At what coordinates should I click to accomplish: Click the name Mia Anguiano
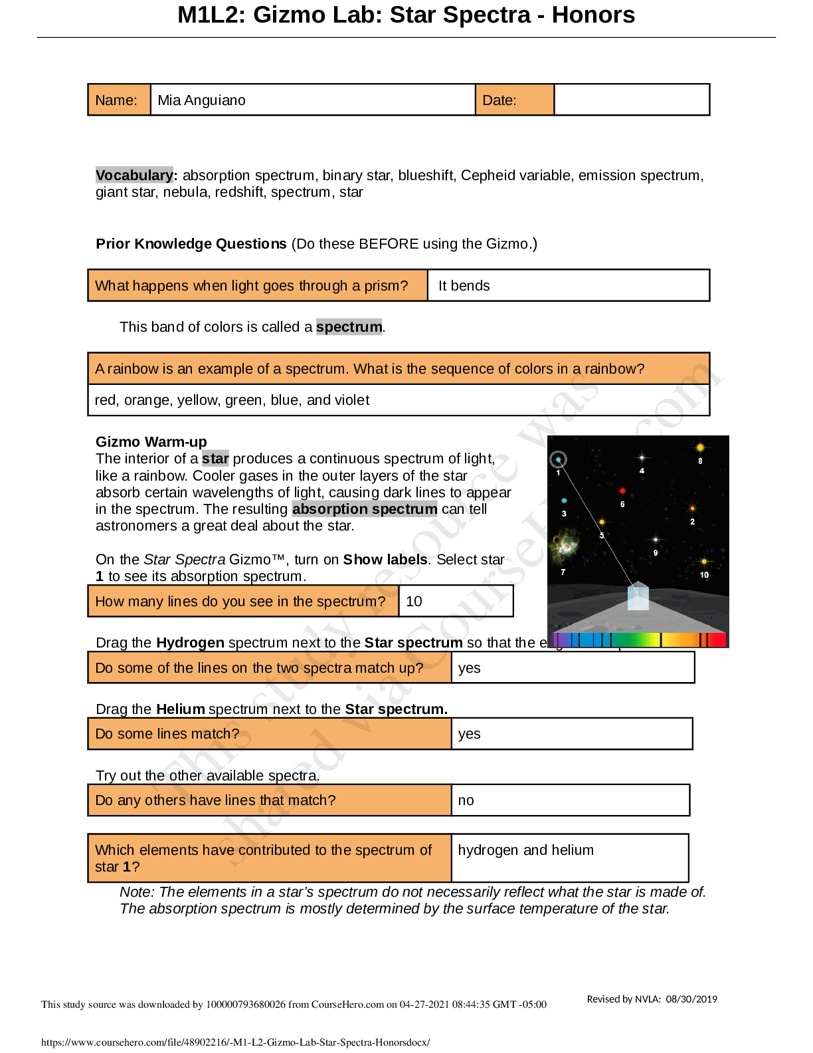click(201, 100)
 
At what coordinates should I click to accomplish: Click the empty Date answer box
click(631, 100)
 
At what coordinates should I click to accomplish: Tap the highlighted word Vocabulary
click(134, 175)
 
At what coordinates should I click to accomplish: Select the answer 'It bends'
click(464, 286)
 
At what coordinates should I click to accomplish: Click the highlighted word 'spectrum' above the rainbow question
click(349, 327)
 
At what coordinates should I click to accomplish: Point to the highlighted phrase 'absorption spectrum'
click(365, 509)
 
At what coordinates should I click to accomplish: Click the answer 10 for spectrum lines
click(414, 602)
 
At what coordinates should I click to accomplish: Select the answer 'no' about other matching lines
click(466, 800)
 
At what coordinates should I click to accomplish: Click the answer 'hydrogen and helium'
click(525, 850)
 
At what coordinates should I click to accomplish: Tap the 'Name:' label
click(116, 100)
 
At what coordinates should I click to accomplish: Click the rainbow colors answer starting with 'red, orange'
click(232, 400)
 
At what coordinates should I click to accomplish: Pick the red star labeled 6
click(622, 491)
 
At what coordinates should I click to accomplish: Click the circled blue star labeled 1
click(559, 459)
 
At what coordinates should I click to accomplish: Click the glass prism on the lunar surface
click(638, 596)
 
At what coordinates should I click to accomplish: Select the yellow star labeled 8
click(700, 448)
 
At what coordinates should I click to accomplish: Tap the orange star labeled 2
click(692, 509)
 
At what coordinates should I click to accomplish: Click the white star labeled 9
click(656, 540)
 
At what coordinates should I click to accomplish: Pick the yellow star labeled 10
click(704, 562)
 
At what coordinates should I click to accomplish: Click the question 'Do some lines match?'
click(167, 734)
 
